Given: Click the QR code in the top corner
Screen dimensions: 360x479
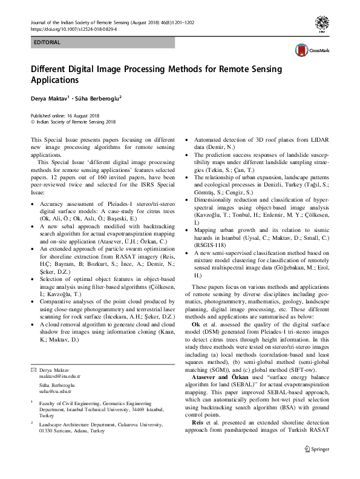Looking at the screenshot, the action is tap(324, 24).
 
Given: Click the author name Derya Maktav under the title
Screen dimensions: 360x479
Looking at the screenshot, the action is tap(48, 97).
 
